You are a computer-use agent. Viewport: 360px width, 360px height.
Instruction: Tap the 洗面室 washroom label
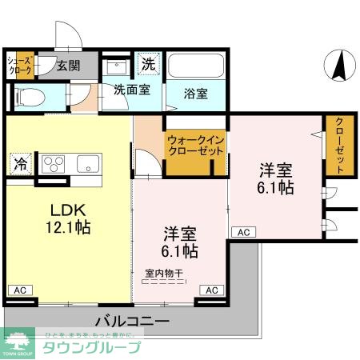click(131, 90)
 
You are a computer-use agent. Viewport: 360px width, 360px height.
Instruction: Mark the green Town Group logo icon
click(18, 341)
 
